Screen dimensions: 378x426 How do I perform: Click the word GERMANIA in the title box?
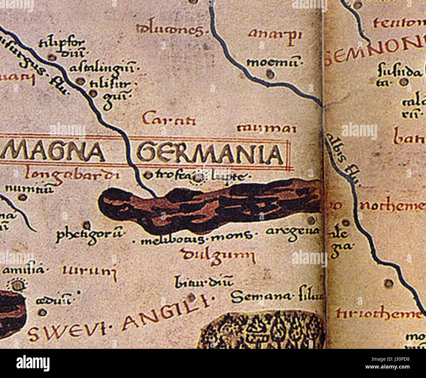pos(210,154)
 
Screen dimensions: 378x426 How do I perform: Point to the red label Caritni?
pos(169,120)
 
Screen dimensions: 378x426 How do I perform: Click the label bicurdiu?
pos(203,281)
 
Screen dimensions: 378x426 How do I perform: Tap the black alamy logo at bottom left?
pos(33,363)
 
